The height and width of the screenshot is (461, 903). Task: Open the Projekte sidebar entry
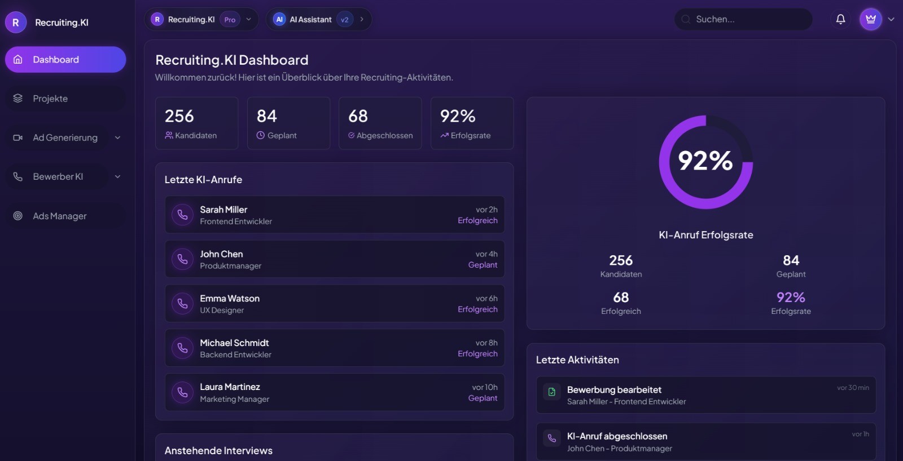pos(50,99)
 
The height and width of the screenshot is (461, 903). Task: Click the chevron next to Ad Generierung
pos(117,138)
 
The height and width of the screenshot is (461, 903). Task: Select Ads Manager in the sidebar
pos(59,216)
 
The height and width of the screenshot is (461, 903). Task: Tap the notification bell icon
pos(840,19)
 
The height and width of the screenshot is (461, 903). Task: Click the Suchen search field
pos(745,19)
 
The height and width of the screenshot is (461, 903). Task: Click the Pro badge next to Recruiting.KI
pos(230,20)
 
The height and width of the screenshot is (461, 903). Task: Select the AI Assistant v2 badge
pos(344,20)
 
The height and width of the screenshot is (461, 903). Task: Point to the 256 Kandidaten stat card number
pos(179,116)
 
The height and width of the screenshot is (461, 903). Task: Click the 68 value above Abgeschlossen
pos(358,116)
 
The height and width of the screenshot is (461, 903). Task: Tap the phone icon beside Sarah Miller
pos(182,215)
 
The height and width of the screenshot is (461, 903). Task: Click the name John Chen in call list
pos(221,254)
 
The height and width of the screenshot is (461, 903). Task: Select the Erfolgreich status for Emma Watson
pos(477,309)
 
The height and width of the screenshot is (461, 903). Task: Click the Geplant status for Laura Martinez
pos(483,398)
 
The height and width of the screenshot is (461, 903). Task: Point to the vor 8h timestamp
pos(486,343)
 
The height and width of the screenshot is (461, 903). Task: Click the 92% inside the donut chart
pos(705,161)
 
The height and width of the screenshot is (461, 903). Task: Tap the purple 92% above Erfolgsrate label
pos(791,297)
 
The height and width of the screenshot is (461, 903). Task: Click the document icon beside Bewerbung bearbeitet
pos(552,392)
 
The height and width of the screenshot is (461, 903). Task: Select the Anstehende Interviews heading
pos(218,451)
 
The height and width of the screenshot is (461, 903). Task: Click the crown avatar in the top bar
pos(870,19)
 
